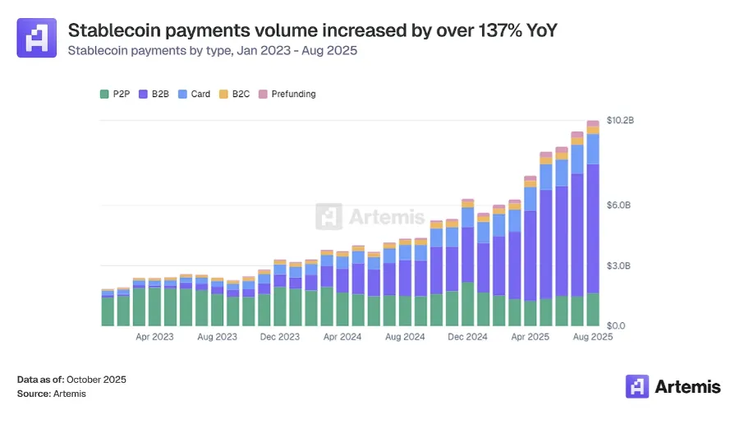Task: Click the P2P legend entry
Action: pyautogui.click(x=117, y=94)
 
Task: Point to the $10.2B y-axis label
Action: pyautogui.click(x=620, y=121)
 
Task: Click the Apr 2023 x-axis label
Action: pyautogui.click(x=154, y=337)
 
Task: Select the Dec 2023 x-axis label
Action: pyautogui.click(x=280, y=337)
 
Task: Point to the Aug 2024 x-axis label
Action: pyautogui.click(x=404, y=337)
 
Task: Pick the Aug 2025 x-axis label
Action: pyautogui.click(x=592, y=337)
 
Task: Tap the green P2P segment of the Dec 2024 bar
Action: pyautogui.click(x=467, y=304)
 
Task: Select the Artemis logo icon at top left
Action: pyautogui.click(x=37, y=38)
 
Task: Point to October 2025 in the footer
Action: pyautogui.click(x=96, y=380)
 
